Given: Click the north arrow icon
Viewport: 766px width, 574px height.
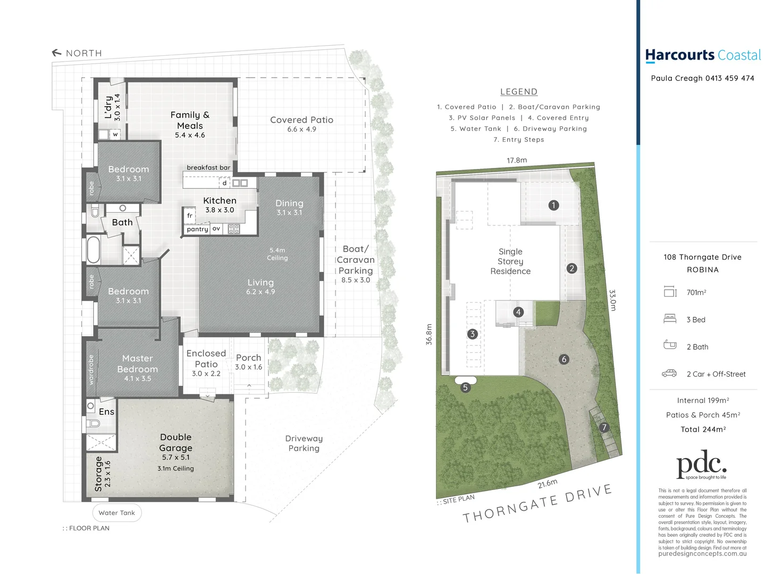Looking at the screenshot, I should (56, 53).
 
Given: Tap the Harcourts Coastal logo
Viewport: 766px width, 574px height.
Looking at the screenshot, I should (702, 55).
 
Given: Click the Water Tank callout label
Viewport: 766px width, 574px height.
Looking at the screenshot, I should (117, 513).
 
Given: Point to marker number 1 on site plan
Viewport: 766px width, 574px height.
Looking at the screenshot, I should (553, 205).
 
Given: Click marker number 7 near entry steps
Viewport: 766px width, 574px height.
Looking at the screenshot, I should (603, 427).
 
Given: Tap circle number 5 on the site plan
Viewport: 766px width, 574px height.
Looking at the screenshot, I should (465, 387).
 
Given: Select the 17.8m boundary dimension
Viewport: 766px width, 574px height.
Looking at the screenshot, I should (517, 160).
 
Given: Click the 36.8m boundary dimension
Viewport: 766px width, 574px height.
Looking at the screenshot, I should (429, 334).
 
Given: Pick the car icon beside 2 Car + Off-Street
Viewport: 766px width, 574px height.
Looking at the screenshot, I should (669, 374).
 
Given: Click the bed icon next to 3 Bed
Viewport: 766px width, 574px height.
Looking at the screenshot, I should (670, 319).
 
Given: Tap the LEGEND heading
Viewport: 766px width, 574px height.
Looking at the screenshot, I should (518, 92).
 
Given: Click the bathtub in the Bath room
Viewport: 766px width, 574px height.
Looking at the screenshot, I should (94, 250).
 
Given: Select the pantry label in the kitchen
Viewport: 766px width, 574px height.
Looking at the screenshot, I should (197, 229).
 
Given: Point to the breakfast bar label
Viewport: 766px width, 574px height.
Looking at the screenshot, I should (208, 167).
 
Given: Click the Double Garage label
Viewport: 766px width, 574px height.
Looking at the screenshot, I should (175, 442).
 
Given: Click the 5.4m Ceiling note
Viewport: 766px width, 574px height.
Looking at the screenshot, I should (277, 254).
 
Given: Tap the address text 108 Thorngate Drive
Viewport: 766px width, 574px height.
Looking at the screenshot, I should (702, 257).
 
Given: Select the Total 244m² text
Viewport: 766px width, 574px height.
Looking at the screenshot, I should (703, 429).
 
